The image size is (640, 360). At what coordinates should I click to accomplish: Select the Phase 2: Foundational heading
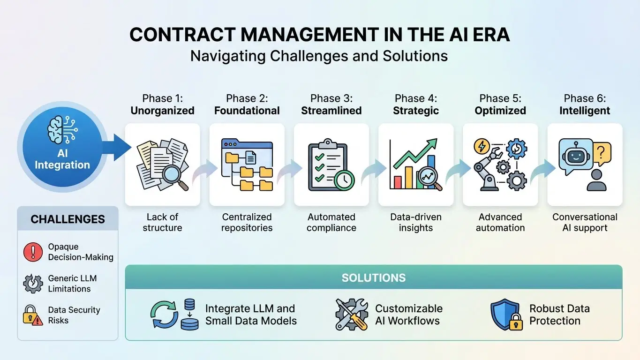click(x=247, y=105)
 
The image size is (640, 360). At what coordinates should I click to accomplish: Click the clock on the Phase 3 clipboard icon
click(x=344, y=179)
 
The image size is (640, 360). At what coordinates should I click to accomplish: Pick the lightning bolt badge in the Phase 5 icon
click(x=482, y=146)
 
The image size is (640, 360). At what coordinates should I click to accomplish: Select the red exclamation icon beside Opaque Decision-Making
click(x=33, y=252)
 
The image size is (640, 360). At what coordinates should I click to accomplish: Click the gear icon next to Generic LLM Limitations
click(x=33, y=284)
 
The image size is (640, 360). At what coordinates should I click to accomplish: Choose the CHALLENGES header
click(x=68, y=219)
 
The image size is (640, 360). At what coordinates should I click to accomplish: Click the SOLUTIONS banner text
click(x=374, y=277)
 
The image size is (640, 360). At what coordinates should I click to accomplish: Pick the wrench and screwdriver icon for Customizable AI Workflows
click(x=352, y=315)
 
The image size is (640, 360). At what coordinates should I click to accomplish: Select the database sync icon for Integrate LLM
click(x=174, y=315)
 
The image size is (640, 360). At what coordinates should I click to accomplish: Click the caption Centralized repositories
click(x=247, y=223)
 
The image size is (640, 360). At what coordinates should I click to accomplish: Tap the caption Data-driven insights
click(x=416, y=223)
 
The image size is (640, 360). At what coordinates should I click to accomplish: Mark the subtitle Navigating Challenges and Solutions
click(x=319, y=56)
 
